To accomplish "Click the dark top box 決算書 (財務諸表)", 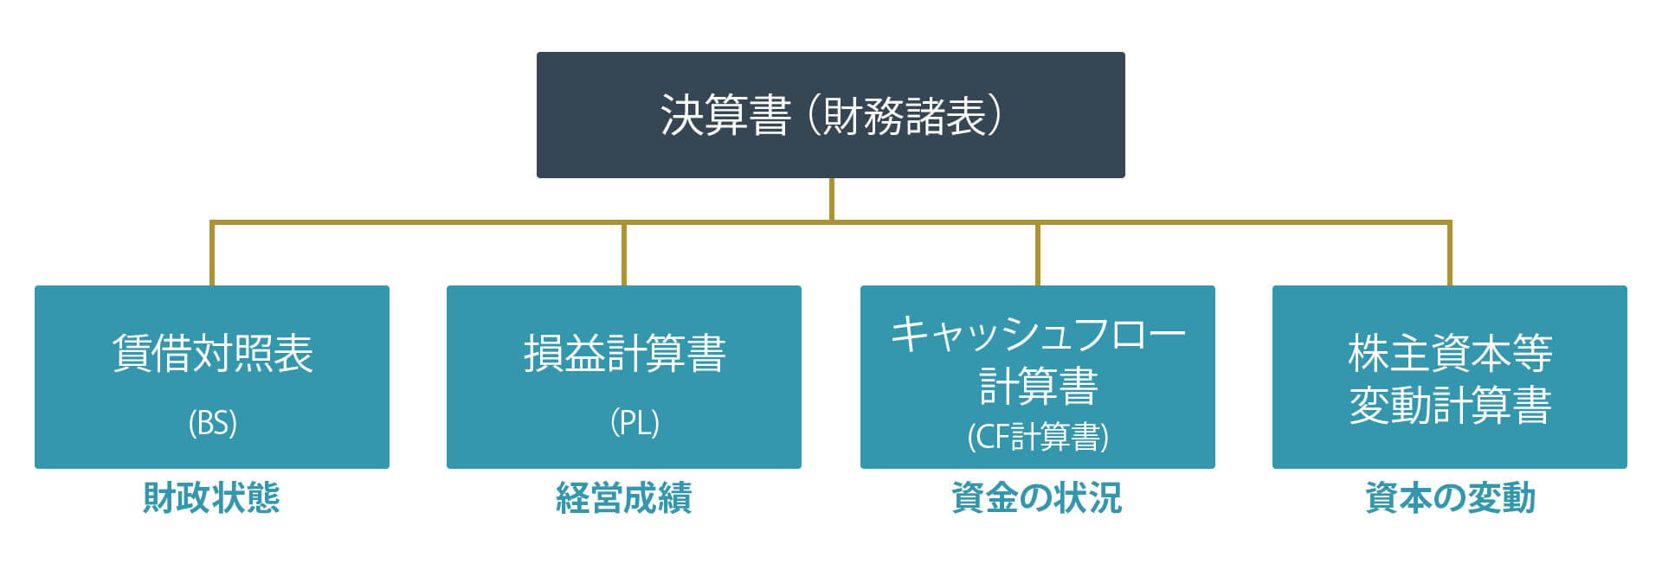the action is (831, 115).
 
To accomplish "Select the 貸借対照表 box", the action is (212, 377).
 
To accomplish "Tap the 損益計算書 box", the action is (624, 377).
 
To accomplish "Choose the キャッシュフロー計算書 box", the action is (1038, 377).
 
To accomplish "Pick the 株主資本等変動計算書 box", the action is (1450, 377).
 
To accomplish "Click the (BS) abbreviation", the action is (212, 423).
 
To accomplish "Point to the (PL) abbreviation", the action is (635, 423).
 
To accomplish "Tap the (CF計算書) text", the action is (1038, 437).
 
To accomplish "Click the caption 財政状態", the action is (211, 498).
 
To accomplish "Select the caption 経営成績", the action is (624, 498).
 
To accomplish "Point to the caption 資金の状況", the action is (1037, 498).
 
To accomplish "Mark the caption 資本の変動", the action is (1450, 498).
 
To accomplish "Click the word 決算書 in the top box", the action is (725, 116).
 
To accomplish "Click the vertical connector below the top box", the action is (831, 200).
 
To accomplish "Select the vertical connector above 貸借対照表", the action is (212, 253).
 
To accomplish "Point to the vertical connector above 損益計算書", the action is (624, 253).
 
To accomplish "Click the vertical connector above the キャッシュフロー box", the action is (1038, 253).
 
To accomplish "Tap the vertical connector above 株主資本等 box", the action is (1450, 253).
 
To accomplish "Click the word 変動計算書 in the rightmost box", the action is (1450, 405).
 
